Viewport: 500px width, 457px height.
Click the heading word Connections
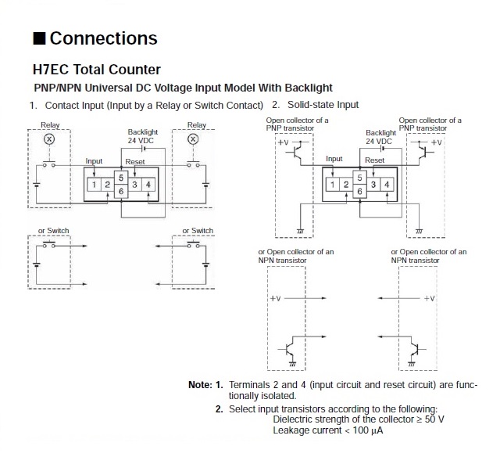tap(104, 38)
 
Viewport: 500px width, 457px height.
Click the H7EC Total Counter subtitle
tap(97, 70)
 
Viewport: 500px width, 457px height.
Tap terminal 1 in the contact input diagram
tap(93, 184)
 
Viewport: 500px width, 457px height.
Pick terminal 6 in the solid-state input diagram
tap(359, 191)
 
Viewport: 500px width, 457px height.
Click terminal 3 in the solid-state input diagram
tap(373, 184)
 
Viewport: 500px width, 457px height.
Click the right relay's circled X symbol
tap(192, 139)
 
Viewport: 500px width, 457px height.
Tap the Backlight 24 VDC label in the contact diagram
tap(144, 136)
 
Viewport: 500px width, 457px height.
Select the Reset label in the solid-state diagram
tap(375, 160)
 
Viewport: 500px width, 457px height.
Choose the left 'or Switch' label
tap(53, 231)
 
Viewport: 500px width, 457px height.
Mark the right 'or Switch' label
tap(198, 231)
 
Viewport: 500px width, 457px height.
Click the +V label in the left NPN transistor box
tap(276, 298)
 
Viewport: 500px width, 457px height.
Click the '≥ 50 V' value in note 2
tap(429, 419)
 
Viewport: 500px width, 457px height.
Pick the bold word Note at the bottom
tap(198, 384)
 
